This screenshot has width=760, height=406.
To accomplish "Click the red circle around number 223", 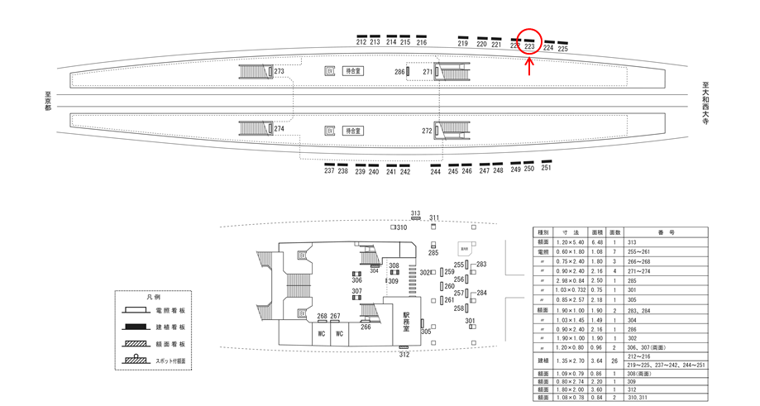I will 529,43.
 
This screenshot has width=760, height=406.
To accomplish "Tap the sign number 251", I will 546,168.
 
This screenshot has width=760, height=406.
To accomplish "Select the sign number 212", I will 361,41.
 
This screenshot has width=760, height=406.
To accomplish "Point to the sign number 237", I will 329,170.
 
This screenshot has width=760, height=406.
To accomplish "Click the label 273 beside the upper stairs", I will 279,72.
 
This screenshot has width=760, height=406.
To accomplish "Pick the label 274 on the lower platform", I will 279,129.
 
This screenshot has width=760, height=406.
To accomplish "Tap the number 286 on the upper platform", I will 399,73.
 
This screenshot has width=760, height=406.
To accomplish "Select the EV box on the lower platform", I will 329,131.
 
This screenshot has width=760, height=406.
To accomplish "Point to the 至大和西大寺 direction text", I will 706,103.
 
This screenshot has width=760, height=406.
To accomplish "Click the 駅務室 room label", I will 406,322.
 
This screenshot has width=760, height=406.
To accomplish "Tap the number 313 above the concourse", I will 415,213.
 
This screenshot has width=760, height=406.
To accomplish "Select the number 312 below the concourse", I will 404,356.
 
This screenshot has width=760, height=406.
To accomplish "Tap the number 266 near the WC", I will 365,327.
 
